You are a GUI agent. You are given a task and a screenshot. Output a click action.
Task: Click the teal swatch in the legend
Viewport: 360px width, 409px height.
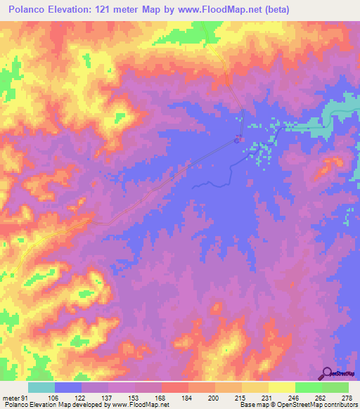(41, 387)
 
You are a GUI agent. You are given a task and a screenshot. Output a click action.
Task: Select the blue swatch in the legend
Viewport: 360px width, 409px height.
(68, 387)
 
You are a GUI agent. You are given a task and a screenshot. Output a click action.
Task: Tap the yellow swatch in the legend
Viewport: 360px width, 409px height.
(281, 387)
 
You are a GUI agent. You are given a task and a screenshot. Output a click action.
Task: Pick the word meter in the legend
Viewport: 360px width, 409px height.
(10, 397)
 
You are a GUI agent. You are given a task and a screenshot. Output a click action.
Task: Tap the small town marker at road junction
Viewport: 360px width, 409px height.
(238, 139)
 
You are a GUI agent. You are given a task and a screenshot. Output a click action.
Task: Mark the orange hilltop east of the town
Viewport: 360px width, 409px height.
(328, 167)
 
